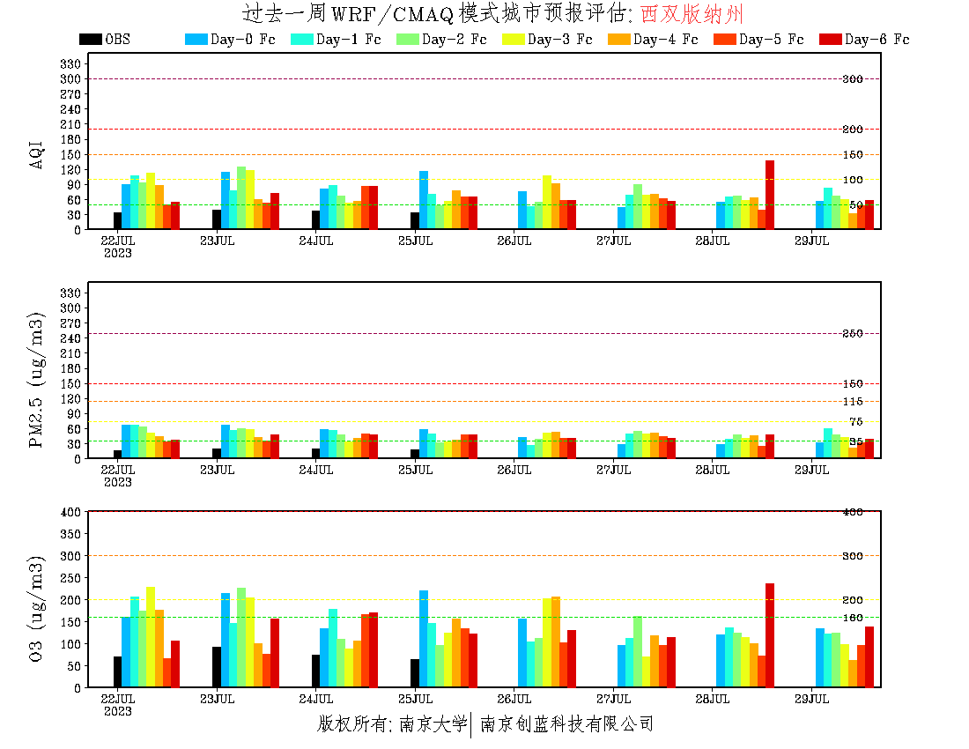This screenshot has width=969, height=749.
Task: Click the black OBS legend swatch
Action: [x=90, y=39]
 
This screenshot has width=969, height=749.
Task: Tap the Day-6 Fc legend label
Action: [x=877, y=39]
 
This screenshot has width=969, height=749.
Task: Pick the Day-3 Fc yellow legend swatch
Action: [x=513, y=39]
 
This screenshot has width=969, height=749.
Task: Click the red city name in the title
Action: [x=692, y=14]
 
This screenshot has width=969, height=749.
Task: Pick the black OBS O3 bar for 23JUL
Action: [x=217, y=666]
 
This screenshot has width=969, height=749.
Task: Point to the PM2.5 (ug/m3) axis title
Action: [x=37, y=379]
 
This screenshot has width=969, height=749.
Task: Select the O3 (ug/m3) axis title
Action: [x=37, y=607]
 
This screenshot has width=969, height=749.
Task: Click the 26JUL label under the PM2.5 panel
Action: [x=514, y=470]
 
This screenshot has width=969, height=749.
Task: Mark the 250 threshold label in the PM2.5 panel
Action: [x=852, y=334]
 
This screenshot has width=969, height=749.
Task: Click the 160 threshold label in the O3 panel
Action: [x=852, y=617]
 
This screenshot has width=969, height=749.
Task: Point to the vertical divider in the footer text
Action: [x=473, y=724]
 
